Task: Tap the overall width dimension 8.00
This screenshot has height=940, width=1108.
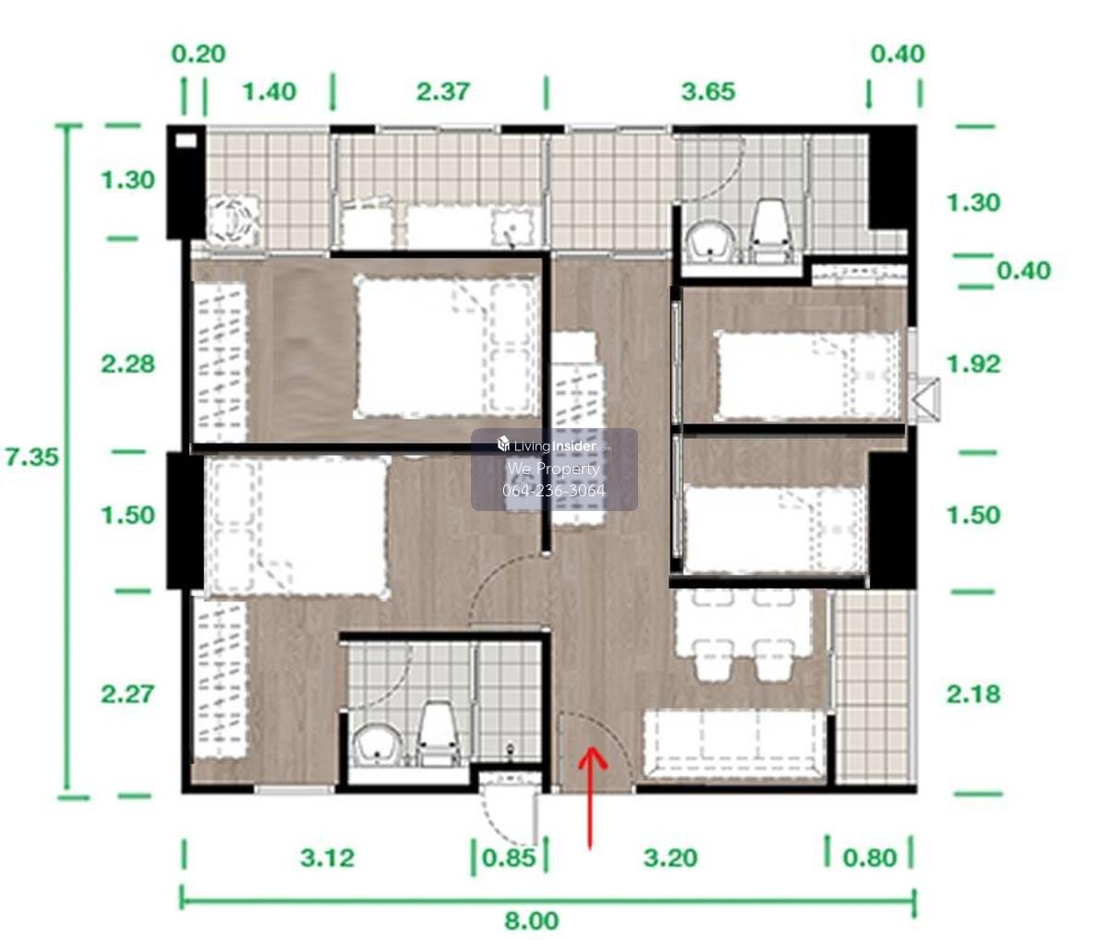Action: (x=532, y=921)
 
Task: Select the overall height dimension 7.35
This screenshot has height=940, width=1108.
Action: (x=31, y=457)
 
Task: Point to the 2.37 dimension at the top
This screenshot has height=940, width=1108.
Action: (x=443, y=91)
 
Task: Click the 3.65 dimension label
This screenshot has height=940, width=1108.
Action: (x=708, y=91)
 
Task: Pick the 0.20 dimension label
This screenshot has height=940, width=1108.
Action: (x=199, y=54)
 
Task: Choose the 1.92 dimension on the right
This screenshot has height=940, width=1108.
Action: (x=973, y=364)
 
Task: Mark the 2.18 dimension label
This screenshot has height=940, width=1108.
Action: (x=973, y=694)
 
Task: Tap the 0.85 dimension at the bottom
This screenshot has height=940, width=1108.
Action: (x=509, y=858)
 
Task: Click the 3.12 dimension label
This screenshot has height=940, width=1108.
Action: (x=327, y=858)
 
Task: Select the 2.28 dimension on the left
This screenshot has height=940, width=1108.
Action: (x=128, y=364)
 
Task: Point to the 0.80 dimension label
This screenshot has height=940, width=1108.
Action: (x=870, y=858)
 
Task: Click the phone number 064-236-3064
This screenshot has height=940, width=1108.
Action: (x=554, y=490)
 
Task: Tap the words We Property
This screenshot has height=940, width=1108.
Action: (x=554, y=469)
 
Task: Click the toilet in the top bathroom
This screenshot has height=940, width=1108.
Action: (x=770, y=232)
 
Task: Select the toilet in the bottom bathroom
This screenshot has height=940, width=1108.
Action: (x=439, y=733)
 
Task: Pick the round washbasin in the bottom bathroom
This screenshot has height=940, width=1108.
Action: (x=379, y=746)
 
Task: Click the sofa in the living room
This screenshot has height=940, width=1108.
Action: (x=734, y=744)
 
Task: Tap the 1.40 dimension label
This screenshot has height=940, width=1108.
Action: (x=269, y=91)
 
